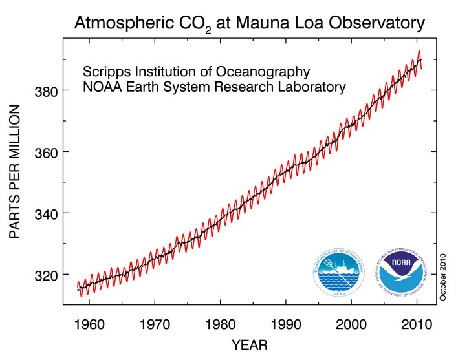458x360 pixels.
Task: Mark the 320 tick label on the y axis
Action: point(47,275)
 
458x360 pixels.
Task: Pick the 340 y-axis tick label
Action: point(47,213)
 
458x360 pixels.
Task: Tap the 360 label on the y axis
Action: point(47,153)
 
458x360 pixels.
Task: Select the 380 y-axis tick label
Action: point(47,91)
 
